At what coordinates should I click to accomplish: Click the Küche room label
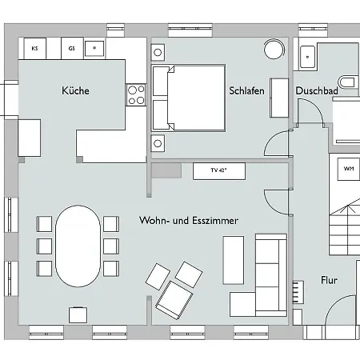click(x=75, y=91)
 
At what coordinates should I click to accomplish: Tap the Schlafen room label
click(x=246, y=91)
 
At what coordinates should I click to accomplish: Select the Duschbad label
click(x=316, y=91)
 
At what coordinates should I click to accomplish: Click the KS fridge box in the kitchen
click(x=35, y=49)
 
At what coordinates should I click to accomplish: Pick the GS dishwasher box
click(x=71, y=49)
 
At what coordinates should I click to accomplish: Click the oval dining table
click(x=78, y=246)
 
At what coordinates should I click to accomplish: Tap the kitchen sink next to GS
click(x=95, y=49)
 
